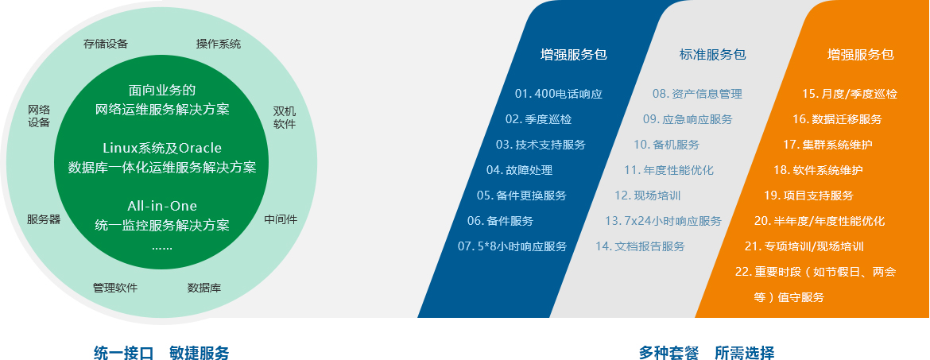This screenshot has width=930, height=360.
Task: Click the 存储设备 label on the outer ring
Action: point(106,44)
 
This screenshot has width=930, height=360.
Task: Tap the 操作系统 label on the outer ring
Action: point(219,44)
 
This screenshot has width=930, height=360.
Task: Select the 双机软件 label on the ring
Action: point(284,118)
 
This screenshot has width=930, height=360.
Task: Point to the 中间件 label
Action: point(281,219)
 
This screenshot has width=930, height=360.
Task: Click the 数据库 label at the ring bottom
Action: point(204,288)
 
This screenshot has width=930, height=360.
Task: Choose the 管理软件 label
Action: point(115,288)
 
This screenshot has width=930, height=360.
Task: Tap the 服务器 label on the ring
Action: point(44,219)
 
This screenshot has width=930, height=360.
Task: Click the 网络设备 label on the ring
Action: point(39,116)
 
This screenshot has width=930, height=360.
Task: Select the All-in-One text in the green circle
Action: point(162,207)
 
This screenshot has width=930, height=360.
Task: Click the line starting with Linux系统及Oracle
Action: point(162,148)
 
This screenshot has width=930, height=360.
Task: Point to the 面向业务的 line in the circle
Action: point(162,90)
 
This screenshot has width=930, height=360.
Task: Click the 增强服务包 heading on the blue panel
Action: point(574,55)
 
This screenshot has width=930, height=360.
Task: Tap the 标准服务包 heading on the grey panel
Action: point(712,55)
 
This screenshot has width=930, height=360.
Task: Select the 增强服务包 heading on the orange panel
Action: point(861,55)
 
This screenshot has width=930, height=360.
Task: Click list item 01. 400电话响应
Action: point(559,94)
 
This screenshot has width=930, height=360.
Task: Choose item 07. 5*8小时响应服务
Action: point(513,246)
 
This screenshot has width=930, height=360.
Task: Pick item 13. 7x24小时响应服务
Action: point(663,221)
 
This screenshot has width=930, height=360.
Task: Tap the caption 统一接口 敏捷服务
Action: point(161,353)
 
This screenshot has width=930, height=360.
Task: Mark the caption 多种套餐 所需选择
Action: point(707,353)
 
